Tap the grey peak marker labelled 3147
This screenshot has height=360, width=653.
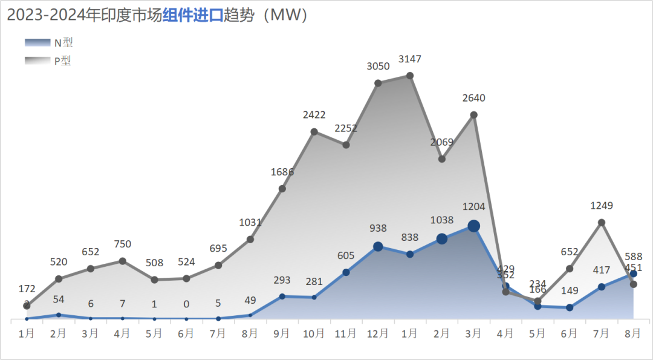pos(410,76)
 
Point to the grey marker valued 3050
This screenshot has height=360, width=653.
pos(378,83)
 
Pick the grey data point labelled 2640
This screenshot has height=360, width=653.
pos(474,114)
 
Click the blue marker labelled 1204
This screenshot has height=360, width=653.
pos(474,226)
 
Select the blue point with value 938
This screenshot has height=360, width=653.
pos(378,246)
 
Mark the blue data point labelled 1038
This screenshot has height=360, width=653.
pos(442,238)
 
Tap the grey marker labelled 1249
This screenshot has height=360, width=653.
pos(602,223)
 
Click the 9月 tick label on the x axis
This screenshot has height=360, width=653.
pos(282,333)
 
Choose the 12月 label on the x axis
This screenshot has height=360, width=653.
pos(378,333)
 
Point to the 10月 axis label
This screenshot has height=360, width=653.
pos(314,333)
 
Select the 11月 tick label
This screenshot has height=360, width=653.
pos(346,333)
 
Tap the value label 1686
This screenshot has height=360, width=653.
pos(282,172)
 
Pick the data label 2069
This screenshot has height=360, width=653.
pos(442,142)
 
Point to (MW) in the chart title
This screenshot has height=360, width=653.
pos(288,16)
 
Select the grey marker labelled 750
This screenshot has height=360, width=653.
pos(122,261)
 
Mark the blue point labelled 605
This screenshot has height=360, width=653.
pos(346,272)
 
